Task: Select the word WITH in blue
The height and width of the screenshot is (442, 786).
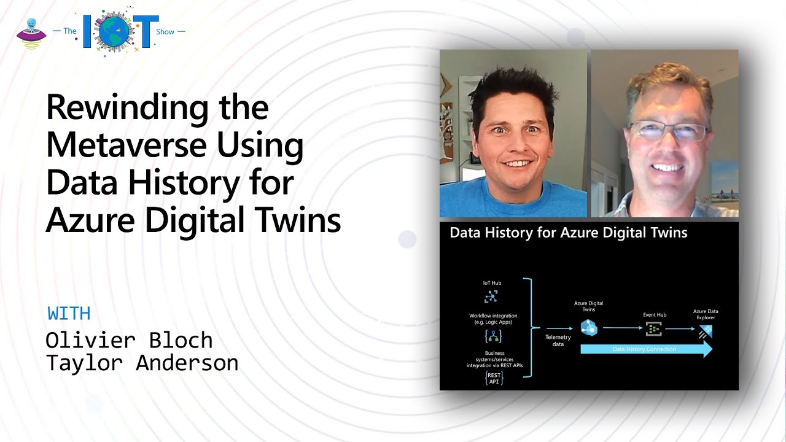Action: pos(69,314)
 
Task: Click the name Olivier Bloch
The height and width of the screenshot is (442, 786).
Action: pos(129,340)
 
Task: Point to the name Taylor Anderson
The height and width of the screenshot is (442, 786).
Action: pos(142,363)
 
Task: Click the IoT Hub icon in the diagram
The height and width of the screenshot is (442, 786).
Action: pos(491,296)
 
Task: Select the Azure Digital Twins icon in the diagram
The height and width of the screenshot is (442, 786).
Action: pos(588,328)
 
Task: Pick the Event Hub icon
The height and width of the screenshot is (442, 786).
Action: pos(654,329)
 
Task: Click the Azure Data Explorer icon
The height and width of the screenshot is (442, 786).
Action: pos(706,331)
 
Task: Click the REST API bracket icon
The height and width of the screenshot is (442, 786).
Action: pos(494,378)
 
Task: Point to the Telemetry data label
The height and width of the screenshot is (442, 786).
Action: pos(558,341)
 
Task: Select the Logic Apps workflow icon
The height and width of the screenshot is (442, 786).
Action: pos(493,336)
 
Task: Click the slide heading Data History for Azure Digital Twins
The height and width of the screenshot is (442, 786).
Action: pos(568,233)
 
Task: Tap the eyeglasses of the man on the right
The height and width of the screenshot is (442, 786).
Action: pos(667,131)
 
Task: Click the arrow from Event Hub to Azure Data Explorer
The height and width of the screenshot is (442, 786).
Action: pos(680,329)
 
